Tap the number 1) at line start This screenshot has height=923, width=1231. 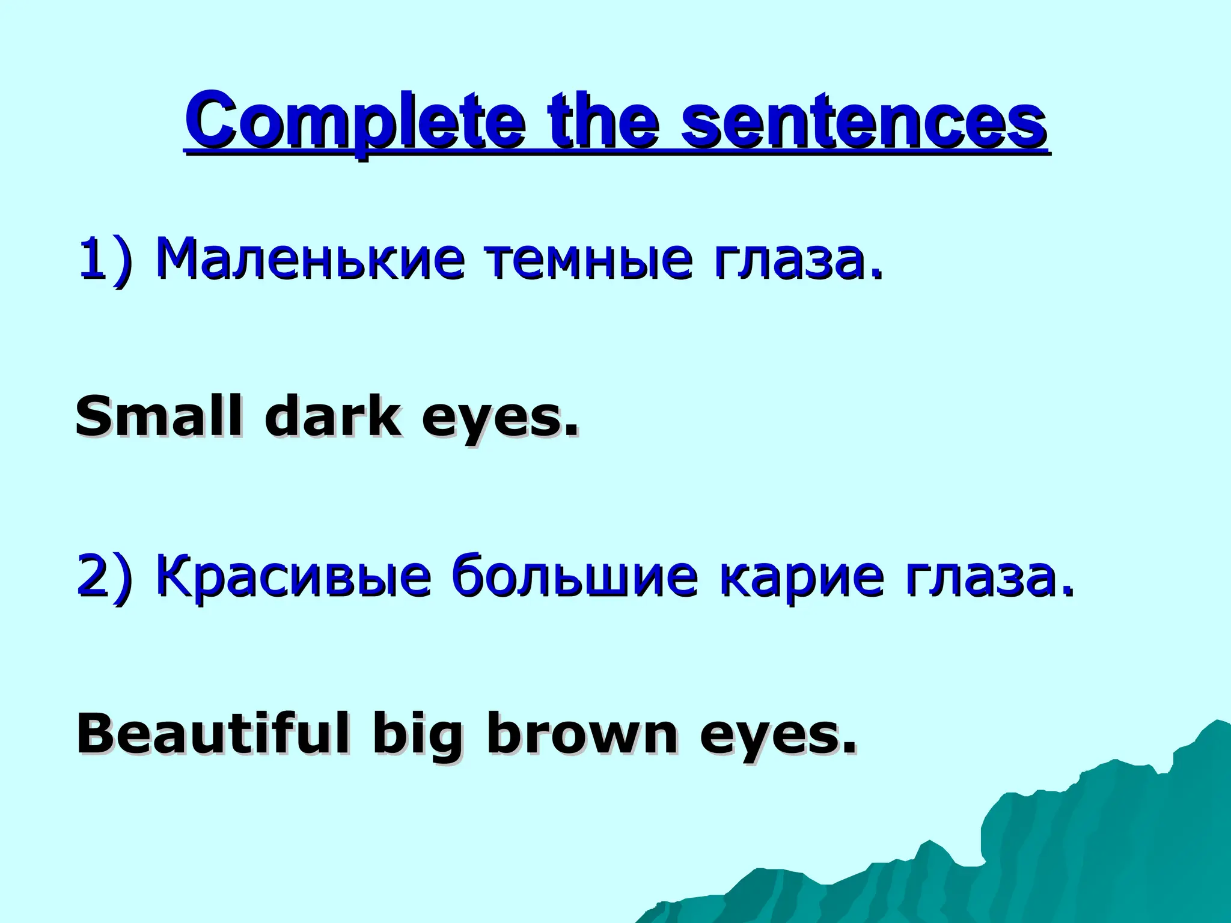coord(105,260)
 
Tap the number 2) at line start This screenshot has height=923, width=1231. coord(105,576)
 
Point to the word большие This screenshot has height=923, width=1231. coord(575,576)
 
